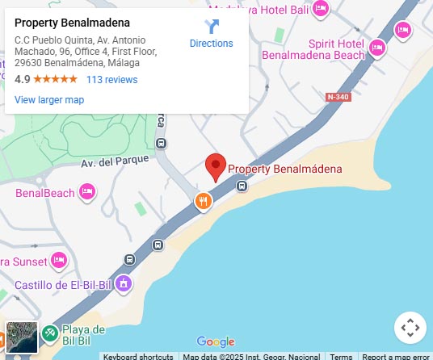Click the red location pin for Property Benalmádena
coord(215,165)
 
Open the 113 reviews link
coord(111,80)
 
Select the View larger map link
coord(49,100)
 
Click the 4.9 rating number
coord(23,80)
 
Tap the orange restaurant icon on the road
coord(203,201)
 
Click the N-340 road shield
coord(338,97)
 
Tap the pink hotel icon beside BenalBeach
coord(87,192)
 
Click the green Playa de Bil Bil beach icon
coord(49,331)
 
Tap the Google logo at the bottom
coord(216,342)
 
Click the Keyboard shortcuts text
coord(138,356)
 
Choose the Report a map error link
coord(395,356)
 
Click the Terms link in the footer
coord(341,356)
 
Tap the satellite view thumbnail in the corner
coord(22,337)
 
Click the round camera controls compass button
coord(410,327)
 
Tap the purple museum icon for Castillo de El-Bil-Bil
coord(123,283)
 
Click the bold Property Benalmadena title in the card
coord(73,23)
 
